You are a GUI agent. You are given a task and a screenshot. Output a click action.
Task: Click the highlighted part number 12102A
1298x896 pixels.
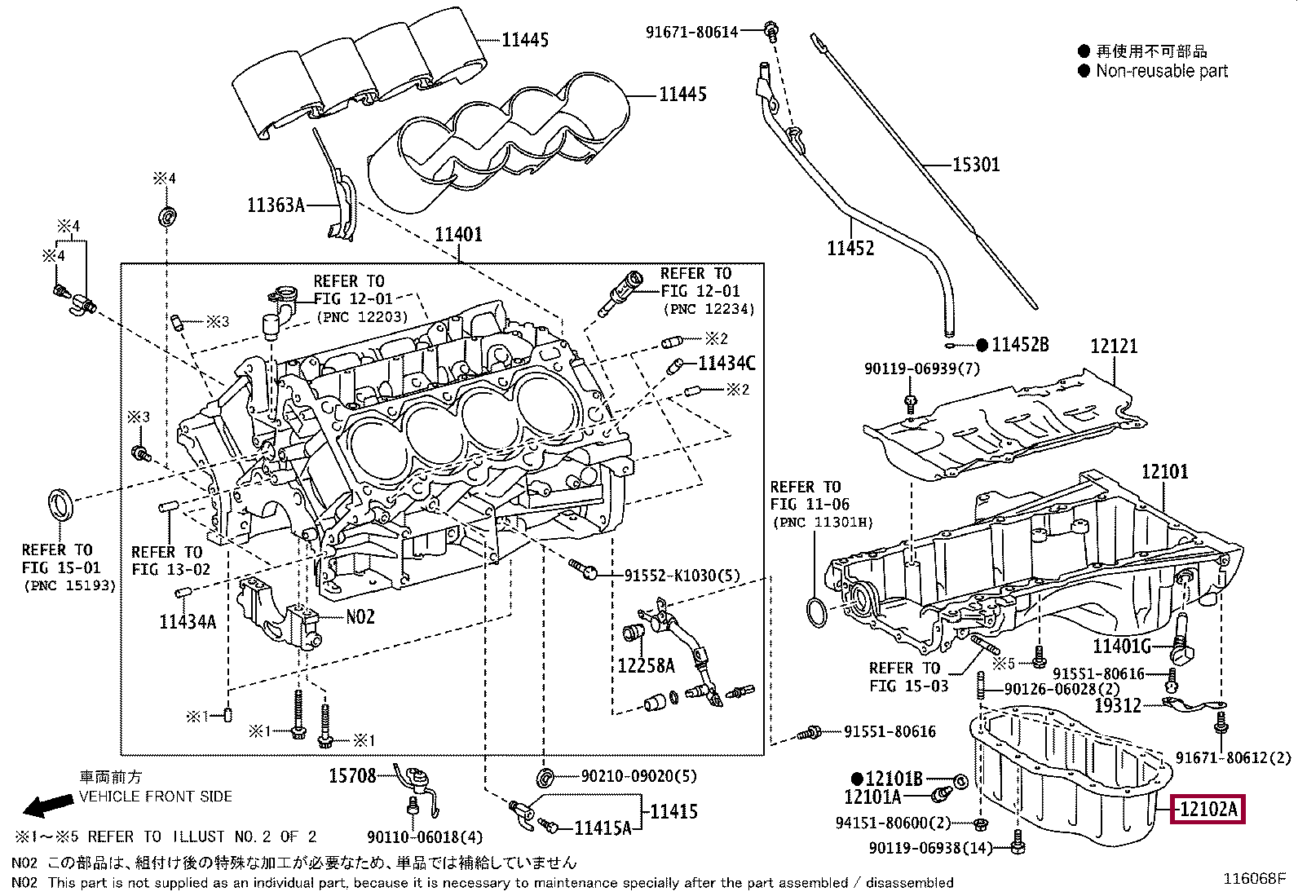[x=1207, y=809]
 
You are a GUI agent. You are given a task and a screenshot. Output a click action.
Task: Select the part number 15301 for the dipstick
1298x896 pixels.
[x=977, y=166]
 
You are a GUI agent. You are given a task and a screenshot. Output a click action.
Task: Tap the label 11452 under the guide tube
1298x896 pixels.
[x=850, y=249]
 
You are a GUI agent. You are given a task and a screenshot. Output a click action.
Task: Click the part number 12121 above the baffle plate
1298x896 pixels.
[x=1114, y=346]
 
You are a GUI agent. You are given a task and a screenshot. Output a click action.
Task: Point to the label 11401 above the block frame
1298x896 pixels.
[x=458, y=235]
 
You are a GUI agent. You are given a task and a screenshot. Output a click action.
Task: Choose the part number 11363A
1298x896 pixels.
[x=276, y=205]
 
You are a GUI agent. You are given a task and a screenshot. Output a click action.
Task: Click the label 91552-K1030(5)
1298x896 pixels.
[x=682, y=576]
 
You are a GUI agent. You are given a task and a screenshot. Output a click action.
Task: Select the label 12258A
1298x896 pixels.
[x=646, y=666]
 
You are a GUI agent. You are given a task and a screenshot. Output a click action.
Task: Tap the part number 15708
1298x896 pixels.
[x=352, y=775]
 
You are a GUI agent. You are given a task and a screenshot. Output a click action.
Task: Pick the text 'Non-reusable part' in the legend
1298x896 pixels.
[x=1161, y=71]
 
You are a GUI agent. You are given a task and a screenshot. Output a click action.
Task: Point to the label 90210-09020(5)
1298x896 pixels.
[x=638, y=776]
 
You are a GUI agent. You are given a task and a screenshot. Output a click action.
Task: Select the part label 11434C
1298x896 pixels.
[x=726, y=364]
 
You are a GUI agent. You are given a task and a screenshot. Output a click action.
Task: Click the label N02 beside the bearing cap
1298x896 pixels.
[x=360, y=616]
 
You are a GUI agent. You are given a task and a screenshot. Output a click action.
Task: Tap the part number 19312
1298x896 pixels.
[x=1117, y=706]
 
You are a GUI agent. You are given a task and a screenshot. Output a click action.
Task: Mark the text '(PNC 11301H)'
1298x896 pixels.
[x=823, y=523]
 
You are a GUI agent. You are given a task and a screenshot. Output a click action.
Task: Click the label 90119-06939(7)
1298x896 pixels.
[x=922, y=369]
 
